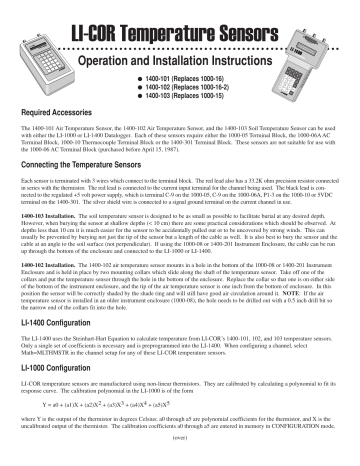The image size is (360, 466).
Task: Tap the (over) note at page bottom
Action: (179, 458)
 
